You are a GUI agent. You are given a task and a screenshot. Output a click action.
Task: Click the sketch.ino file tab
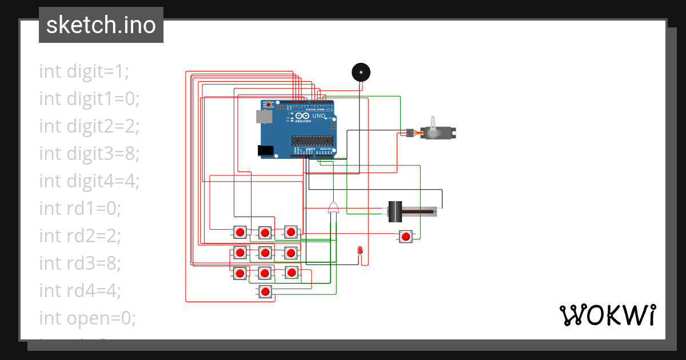101,25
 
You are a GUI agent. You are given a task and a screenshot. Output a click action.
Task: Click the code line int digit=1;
85,71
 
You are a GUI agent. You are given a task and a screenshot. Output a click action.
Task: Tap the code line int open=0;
87,318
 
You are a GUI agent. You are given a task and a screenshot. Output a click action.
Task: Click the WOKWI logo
607,315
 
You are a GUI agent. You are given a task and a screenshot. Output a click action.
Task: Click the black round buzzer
360,73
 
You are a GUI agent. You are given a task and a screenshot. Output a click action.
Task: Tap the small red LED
360,250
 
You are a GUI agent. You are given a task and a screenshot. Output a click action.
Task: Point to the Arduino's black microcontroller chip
312,139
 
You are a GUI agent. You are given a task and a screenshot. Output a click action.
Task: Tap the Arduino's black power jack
265,150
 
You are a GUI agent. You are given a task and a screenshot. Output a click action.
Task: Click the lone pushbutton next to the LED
405,237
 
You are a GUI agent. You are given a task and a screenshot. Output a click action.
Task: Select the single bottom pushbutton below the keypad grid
265,291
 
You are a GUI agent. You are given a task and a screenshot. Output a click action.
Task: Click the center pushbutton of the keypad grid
265,252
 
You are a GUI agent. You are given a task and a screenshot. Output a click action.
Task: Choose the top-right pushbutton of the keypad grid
291,232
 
